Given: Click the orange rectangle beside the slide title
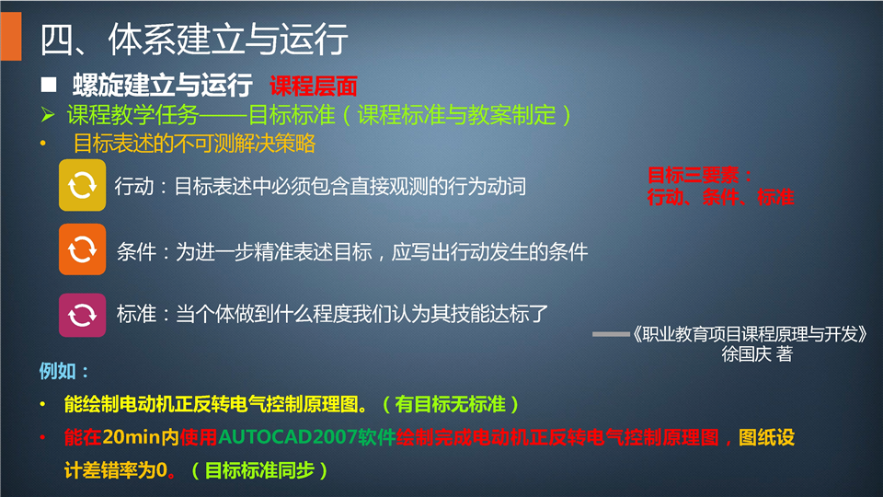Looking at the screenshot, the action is click(x=11, y=36).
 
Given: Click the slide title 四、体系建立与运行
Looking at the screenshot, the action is click(x=194, y=40).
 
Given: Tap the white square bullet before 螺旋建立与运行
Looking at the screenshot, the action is click(x=49, y=85).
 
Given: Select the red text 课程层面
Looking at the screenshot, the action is click(x=314, y=87).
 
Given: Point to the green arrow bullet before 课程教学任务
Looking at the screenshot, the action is click(x=48, y=115).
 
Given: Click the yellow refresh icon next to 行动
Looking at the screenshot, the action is click(x=82, y=185).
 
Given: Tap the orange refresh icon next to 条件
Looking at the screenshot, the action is click(x=82, y=249).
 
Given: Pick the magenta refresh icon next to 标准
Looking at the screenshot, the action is click(x=82, y=315).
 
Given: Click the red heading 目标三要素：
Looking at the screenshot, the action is click(x=699, y=175).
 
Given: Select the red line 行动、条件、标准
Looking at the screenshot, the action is click(x=721, y=197).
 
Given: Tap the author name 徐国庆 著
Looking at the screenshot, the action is click(x=757, y=353).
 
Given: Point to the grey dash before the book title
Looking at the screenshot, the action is click(x=611, y=334).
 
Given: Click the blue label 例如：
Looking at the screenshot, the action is click(x=63, y=371).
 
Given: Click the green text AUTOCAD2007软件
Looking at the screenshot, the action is click(x=307, y=437).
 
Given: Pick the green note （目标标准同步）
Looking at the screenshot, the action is click(x=259, y=470).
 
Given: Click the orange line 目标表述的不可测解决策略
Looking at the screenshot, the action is click(x=194, y=144).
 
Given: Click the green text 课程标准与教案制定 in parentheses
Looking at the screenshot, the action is click(x=457, y=116).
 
